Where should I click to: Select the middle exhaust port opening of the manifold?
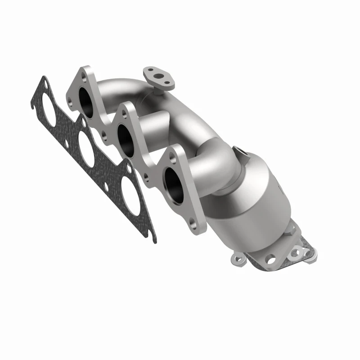127,140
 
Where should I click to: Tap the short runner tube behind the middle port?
153,124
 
